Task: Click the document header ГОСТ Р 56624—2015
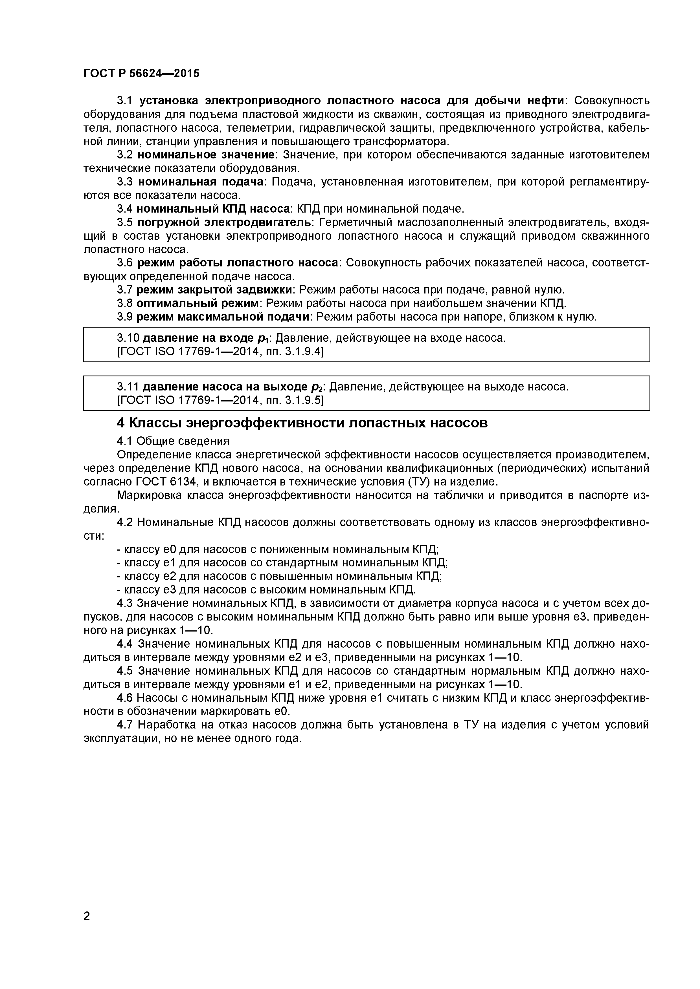pyautogui.click(x=141, y=74)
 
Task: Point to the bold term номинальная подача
pyautogui.click(x=201, y=182)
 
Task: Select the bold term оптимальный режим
pyautogui.click(x=198, y=303)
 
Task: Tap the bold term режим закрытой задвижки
pyautogui.click(x=218, y=290)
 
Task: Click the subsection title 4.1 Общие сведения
pyautogui.click(x=173, y=441)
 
